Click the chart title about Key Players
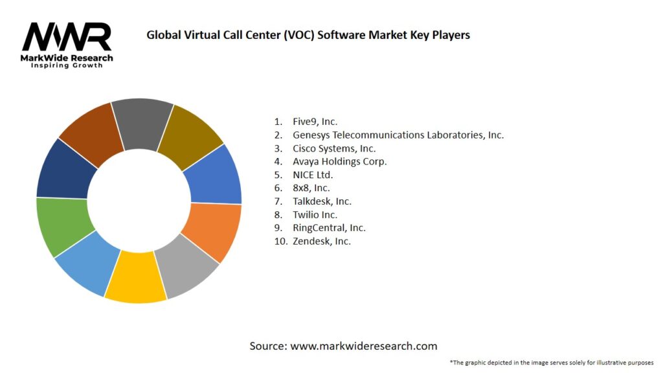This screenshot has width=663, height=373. [x=308, y=35]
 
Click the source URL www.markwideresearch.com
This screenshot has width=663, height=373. [x=364, y=346]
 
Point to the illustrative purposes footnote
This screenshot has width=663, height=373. [x=551, y=362]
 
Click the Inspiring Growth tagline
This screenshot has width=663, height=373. [x=67, y=65]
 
